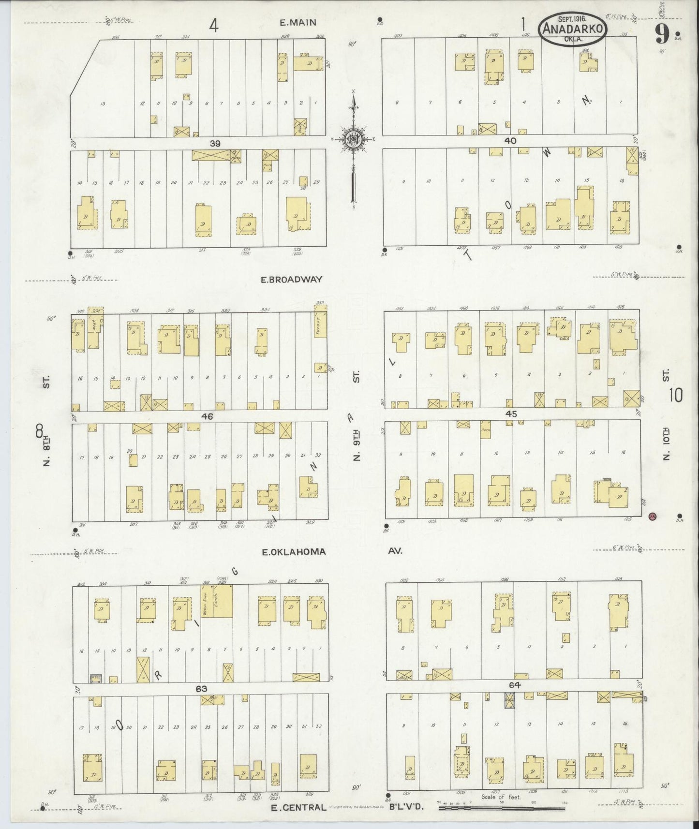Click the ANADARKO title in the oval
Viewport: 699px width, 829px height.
(x=573, y=29)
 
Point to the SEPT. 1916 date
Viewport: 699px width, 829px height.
(x=573, y=18)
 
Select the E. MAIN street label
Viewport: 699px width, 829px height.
(x=298, y=22)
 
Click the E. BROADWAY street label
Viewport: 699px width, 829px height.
(x=291, y=279)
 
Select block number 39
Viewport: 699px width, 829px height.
(x=215, y=144)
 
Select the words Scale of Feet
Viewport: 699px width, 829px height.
(x=501, y=797)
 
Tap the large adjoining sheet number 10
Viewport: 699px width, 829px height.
(x=676, y=396)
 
